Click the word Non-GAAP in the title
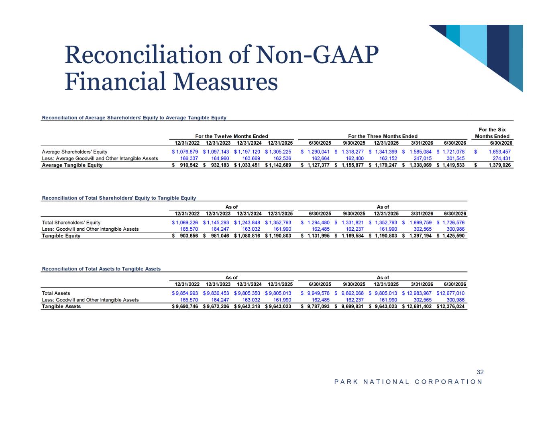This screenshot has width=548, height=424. (317, 55)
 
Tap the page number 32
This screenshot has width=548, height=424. (480, 372)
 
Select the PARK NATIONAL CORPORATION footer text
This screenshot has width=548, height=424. (408, 382)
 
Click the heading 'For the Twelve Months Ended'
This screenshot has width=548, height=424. (232, 136)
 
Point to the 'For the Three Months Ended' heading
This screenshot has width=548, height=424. (383, 136)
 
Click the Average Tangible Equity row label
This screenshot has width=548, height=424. (72, 165)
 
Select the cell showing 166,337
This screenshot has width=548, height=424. (189, 158)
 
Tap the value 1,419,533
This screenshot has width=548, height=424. (453, 165)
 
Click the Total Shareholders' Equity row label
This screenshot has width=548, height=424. (71, 222)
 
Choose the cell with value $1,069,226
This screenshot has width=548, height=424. (185, 222)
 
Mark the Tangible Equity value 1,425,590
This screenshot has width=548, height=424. (453, 236)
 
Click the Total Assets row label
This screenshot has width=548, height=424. (56, 293)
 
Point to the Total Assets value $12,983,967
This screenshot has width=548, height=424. (417, 293)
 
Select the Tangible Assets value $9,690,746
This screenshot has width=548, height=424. (185, 306)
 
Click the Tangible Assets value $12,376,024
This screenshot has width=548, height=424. (450, 306)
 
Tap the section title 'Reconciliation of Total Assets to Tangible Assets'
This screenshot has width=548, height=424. (101, 269)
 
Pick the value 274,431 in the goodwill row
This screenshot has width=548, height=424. (501, 158)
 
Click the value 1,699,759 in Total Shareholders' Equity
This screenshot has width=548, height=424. (420, 222)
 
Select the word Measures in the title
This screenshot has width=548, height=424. (226, 82)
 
